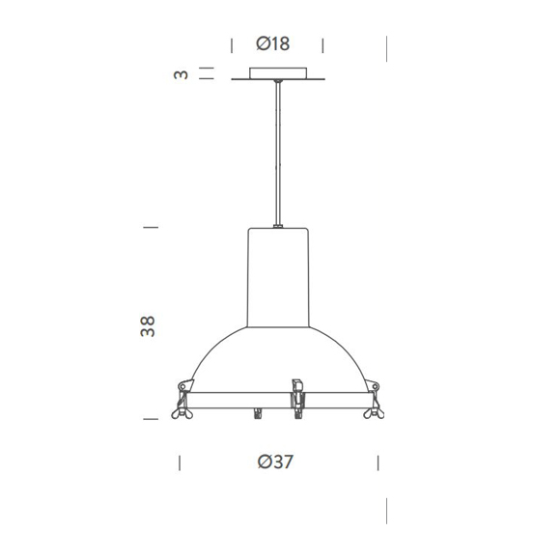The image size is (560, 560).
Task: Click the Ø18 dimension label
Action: [274, 43]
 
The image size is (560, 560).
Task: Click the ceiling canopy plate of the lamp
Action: [278, 73]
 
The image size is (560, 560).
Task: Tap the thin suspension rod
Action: [278, 154]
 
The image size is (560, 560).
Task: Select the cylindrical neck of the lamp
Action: [278, 275]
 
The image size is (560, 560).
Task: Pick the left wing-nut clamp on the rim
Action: [182, 399]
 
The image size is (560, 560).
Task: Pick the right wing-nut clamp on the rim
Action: [373, 399]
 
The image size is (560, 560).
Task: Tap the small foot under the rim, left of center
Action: [258, 414]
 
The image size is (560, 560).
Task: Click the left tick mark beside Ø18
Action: [232, 44]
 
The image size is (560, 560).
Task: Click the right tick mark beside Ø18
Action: [323, 44]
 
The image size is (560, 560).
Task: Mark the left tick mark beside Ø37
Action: [180, 462]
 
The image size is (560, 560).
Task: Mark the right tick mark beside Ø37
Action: [376, 462]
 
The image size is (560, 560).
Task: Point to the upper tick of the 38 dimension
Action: [150, 228]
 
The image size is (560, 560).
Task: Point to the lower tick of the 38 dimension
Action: [150, 419]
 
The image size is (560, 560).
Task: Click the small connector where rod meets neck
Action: [278, 227]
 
